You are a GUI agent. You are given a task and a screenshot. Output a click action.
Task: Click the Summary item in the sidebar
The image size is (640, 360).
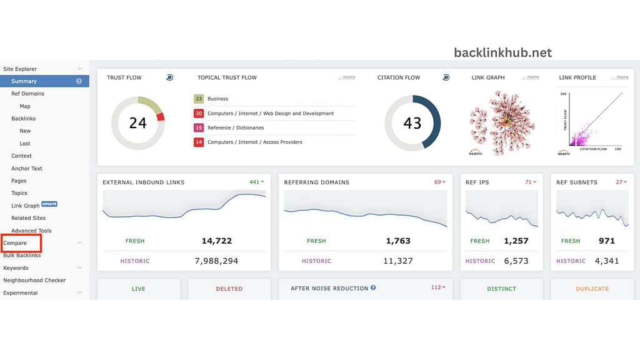(x=24, y=81)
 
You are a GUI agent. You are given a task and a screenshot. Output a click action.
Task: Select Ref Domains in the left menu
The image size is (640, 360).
(x=27, y=94)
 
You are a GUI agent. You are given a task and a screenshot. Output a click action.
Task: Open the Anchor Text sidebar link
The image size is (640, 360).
(x=27, y=168)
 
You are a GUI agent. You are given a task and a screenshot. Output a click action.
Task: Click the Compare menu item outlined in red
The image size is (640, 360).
(x=15, y=243)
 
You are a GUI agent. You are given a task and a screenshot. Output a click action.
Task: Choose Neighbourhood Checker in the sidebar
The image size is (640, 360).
(x=34, y=281)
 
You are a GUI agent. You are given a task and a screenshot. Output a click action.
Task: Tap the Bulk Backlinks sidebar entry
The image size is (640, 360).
(x=22, y=256)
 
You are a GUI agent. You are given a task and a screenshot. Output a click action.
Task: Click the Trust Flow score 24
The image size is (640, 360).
(x=137, y=123)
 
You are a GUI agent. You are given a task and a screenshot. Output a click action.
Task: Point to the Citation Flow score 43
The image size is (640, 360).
(x=412, y=123)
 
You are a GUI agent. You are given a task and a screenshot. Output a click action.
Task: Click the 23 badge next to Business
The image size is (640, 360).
(x=199, y=99)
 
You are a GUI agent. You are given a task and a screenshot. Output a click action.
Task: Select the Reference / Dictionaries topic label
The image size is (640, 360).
(x=236, y=128)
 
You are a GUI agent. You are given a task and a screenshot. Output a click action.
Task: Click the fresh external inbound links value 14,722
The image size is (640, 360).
(x=217, y=241)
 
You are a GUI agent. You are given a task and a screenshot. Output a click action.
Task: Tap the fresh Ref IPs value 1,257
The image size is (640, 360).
(x=516, y=241)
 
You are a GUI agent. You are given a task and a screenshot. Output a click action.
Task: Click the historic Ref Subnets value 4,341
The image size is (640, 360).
(x=606, y=261)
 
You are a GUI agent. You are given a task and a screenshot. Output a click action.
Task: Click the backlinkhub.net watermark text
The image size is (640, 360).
(x=503, y=52)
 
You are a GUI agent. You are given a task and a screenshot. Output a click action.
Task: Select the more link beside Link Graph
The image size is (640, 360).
(x=532, y=77)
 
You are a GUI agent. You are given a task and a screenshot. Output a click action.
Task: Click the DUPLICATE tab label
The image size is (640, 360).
(x=592, y=289)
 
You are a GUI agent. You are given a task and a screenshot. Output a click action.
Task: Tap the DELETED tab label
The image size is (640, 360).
(x=229, y=289)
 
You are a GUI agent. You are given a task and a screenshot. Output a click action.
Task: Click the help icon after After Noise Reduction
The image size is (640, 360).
(x=373, y=288)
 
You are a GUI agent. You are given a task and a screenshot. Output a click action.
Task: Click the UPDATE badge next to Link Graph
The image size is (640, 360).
(x=49, y=204)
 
